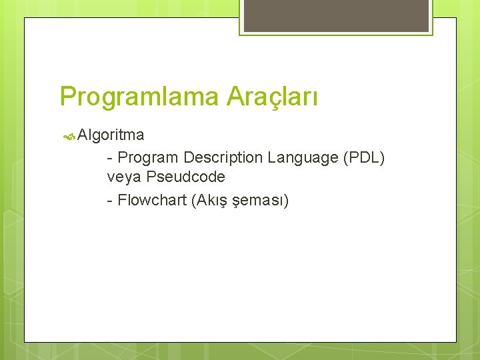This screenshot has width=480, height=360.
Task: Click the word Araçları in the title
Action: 272,97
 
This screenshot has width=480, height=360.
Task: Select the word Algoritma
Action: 111,135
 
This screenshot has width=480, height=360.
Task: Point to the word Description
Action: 223,158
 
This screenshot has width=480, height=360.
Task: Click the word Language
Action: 303,158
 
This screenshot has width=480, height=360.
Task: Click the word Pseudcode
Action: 186,177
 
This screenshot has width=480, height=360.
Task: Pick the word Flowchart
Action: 151,200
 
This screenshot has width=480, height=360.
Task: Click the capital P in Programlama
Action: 67,97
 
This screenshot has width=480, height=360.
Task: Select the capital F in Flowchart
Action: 122,200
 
